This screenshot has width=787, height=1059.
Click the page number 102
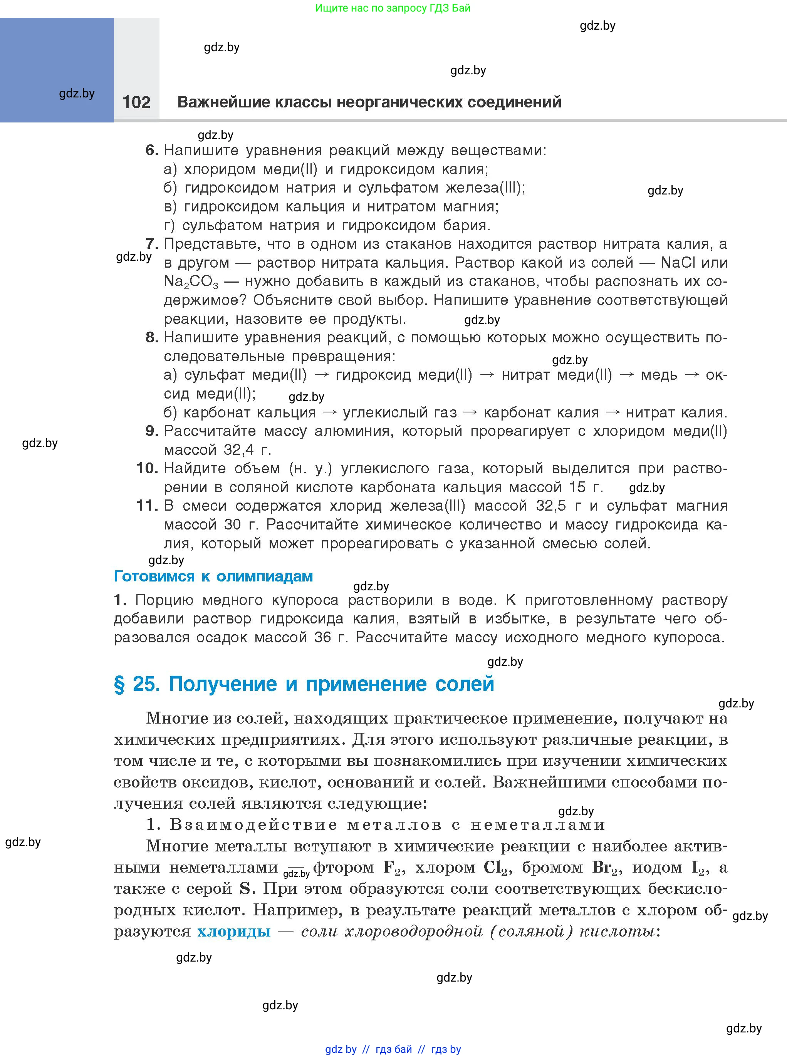(x=136, y=102)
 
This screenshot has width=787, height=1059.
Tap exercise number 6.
(x=151, y=151)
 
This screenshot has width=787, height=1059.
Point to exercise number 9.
(x=151, y=431)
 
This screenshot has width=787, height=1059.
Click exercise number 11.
(x=147, y=506)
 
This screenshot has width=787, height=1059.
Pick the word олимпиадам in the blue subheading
(x=264, y=576)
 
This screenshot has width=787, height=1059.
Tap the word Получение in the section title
(x=223, y=684)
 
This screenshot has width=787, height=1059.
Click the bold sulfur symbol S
(x=245, y=888)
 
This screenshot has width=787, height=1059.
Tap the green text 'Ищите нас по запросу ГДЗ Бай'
(x=393, y=8)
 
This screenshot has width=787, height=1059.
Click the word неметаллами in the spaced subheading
(x=538, y=825)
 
